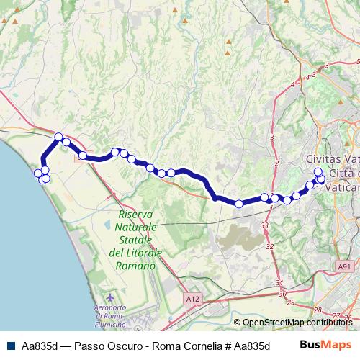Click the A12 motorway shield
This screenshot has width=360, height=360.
[x=192, y=298]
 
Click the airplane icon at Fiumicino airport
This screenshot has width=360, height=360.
[x=109, y=297]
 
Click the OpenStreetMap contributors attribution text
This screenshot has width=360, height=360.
[x=298, y=323]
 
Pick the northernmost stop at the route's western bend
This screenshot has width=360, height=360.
[x=59, y=136]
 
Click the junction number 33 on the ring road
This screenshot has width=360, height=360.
[x=264, y=225]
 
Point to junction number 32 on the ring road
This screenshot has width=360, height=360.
[x=269, y=246]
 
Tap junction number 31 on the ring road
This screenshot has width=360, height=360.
[x=279, y=283]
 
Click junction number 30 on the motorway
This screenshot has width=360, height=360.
[x=282, y=293]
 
